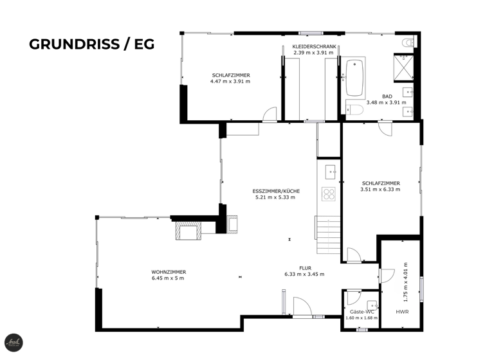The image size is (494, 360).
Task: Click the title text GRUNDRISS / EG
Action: click(x=92, y=44)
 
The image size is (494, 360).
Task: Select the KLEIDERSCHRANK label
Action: click(x=314, y=47)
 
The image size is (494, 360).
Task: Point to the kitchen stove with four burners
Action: click(x=329, y=194)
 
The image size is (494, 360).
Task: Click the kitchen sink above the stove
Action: click(x=330, y=172)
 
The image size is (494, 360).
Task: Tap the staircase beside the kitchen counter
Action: click(x=326, y=235)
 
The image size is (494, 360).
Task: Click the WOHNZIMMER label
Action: click(x=169, y=272)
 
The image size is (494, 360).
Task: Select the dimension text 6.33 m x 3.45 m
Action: click(x=304, y=274)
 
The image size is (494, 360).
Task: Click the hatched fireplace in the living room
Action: click(x=188, y=230)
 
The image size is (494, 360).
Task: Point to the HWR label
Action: click(x=402, y=311)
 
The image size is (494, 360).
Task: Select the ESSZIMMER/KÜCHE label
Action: click(x=275, y=191)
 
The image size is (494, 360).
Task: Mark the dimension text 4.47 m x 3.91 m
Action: click(x=230, y=82)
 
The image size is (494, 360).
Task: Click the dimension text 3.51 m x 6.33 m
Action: click(x=380, y=190)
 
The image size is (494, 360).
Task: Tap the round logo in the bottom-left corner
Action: click(x=13, y=343)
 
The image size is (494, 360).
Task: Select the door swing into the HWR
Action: click(x=387, y=275)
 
